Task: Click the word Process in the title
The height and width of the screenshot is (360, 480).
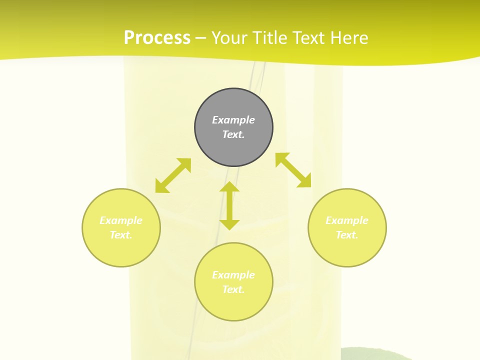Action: tap(157, 38)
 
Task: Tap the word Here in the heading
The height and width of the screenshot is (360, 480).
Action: tap(349, 38)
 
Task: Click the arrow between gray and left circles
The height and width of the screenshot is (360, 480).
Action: tap(173, 175)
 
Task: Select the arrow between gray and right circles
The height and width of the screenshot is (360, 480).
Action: tap(293, 170)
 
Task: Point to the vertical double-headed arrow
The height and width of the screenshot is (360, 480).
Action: tap(229, 205)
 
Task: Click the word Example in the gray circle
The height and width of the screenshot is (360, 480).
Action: tap(233, 120)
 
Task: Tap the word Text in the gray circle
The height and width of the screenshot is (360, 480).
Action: tap(233, 134)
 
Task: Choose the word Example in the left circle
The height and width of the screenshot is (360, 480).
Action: tap(121, 220)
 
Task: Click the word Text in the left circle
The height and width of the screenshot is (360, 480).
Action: tap(121, 235)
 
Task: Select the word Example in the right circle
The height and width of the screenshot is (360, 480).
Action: tap(347, 220)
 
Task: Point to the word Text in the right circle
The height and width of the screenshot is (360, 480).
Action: tap(347, 235)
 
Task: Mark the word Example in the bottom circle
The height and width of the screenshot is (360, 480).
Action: tap(233, 275)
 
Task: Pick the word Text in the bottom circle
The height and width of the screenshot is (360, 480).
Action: tap(233, 289)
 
